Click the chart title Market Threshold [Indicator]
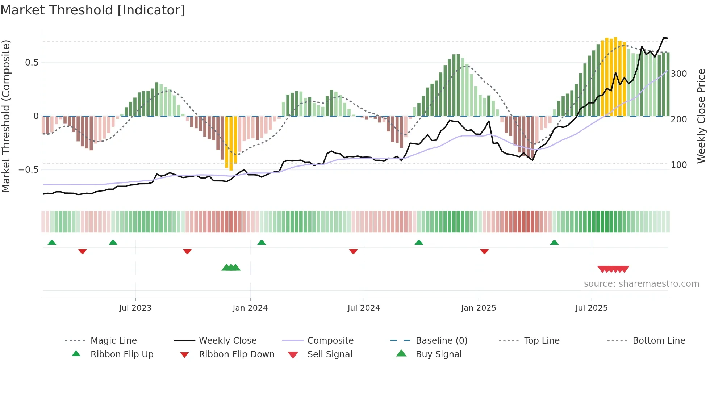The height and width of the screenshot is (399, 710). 93,10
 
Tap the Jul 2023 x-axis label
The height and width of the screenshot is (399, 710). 135,308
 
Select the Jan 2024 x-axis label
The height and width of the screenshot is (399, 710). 250,308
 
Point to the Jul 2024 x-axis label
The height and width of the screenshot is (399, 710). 364,308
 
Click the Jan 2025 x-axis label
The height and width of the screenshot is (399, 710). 479,308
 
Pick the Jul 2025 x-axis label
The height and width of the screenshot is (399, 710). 592,308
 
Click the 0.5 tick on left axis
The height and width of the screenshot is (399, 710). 32,63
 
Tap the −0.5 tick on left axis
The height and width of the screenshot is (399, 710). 29,170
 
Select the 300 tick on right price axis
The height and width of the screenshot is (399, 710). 679,74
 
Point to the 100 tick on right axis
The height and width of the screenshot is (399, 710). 679,165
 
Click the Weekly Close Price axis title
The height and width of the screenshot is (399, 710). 701,116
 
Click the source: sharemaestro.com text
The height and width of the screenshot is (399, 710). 641,284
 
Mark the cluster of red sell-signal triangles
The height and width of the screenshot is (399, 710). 613,269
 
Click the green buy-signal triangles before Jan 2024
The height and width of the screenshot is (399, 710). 231,268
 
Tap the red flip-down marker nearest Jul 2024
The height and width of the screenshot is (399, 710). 353,251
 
